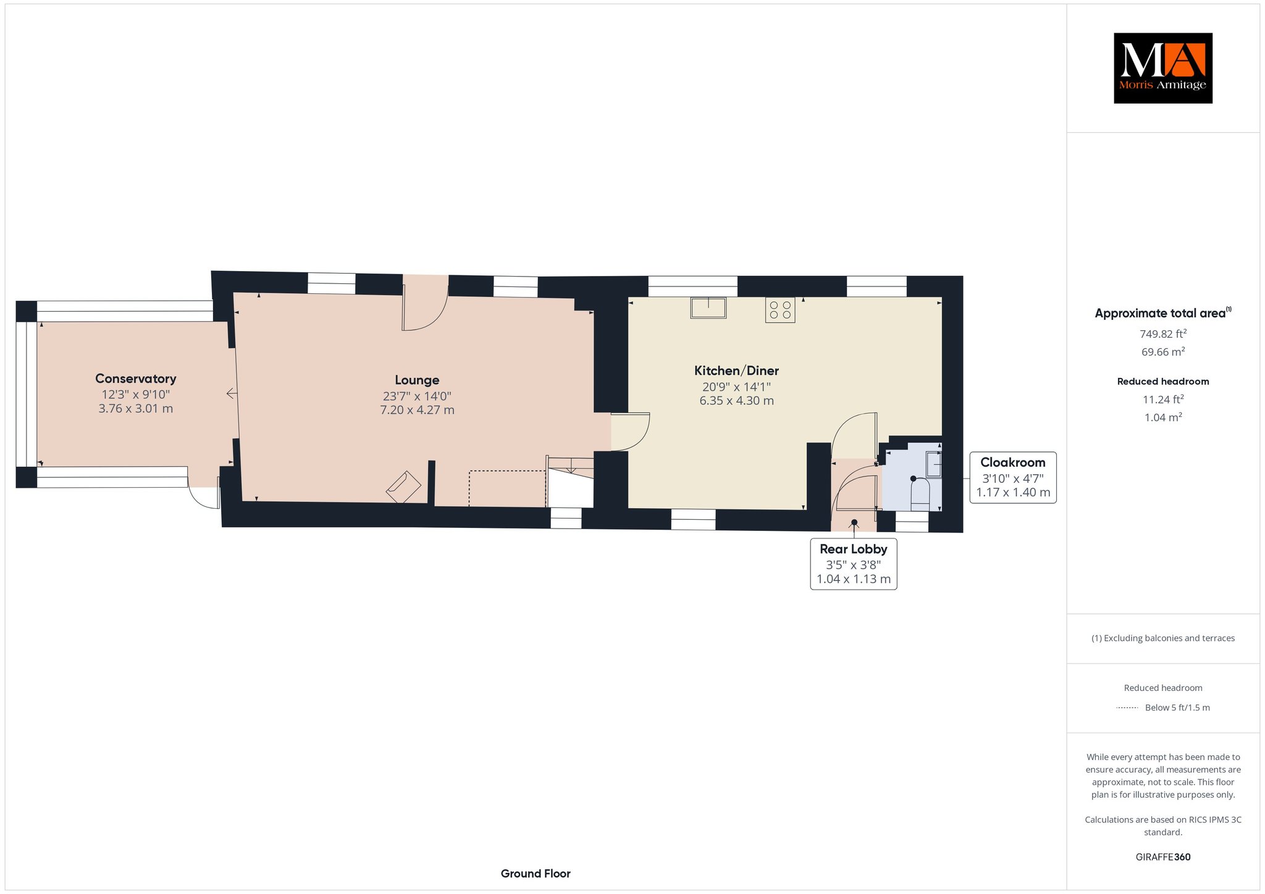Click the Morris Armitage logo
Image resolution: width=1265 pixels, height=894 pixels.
[1163, 68]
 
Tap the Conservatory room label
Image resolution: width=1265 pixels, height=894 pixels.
[136, 378]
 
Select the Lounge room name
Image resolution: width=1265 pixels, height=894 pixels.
[417, 380]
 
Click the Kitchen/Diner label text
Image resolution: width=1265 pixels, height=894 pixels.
[736, 370]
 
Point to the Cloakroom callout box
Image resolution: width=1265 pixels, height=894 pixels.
[1013, 477]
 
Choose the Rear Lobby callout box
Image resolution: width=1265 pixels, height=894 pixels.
[854, 564]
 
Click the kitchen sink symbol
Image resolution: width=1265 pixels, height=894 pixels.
[708, 307]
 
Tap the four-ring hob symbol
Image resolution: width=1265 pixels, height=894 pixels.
[780, 310]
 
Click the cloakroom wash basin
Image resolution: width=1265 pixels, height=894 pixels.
[933, 464]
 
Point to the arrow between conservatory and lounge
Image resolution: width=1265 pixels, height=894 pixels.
[232, 393]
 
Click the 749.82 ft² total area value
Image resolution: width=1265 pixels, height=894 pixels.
[1163, 334]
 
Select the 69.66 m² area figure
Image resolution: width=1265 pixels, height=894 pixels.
[1163, 352]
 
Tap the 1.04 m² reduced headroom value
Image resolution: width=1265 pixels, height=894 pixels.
[1163, 417]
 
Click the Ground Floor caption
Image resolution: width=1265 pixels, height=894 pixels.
[536, 874]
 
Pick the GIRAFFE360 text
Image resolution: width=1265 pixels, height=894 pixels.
[1163, 857]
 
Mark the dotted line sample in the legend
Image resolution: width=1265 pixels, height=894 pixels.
[1127, 708]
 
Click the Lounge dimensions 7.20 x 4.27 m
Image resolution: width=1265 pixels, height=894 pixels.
[417, 410]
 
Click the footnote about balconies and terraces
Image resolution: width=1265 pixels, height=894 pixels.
[1163, 638]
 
